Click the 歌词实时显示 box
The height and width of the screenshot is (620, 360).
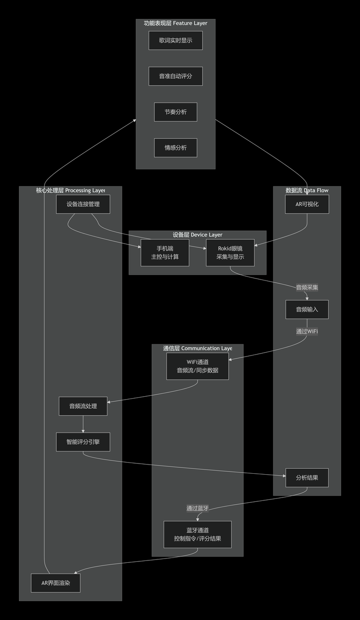pyautogui.click(x=175, y=41)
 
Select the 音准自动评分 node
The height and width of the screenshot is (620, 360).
pyautogui.click(x=175, y=77)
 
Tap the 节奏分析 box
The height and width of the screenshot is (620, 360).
pyautogui.click(x=175, y=112)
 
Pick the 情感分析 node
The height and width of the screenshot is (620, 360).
pyautogui.click(x=175, y=148)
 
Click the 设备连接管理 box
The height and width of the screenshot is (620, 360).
pyautogui.click(x=83, y=204)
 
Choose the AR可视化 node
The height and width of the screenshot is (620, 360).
pyautogui.click(x=307, y=204)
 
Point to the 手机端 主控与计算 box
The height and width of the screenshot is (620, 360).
pyautogui.click(x=165, y=252)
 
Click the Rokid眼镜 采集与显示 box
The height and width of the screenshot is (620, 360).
pyautogui.click(x=230, y=252)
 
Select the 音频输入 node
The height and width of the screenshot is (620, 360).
pyautogui.click(x=307, y=310)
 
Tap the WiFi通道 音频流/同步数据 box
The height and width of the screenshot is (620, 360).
pyautogui.click(x=197, y=366)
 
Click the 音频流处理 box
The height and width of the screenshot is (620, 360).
pyautogui.click(x=83, y=406)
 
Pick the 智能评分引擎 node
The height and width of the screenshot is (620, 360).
pyautogui.click(x=83, y=442)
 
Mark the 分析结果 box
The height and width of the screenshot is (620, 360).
pyautogui.click(x=307, y=478)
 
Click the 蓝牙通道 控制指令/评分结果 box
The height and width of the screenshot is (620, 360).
pyautogui.click(x=197, y=534)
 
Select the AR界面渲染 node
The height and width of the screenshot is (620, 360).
pyautogui.click(x=55, y=583)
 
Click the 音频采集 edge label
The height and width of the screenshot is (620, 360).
pyautogui.click(x=307, y=287)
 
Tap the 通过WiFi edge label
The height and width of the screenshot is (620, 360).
pyautogui.click(x=307, y=332)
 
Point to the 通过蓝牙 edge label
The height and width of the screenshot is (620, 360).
pyautogui.click(x=197, y=508)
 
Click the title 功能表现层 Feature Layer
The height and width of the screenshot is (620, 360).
pyautogui.click(x=175, y=23)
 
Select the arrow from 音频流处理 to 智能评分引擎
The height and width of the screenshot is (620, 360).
pyautogui.click(x=83, y=424)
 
